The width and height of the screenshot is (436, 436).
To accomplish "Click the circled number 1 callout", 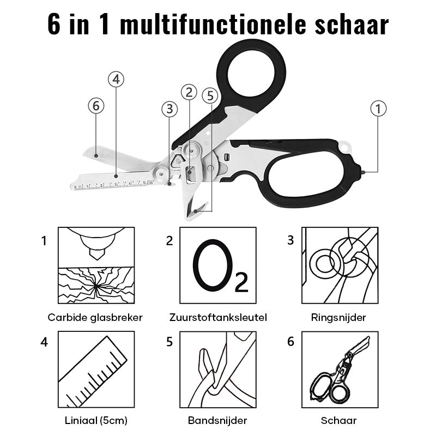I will coord(378,108).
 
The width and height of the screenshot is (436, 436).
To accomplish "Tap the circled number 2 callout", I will coord(189,93).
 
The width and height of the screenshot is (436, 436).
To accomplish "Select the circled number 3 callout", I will coord(169,109).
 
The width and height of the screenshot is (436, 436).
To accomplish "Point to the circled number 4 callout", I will coord(116,79).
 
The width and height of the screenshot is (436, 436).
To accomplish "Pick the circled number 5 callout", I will coord(210,95).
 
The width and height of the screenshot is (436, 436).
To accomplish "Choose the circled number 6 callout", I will coord(96,106).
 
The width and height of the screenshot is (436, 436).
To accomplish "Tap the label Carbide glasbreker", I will coord(95,317).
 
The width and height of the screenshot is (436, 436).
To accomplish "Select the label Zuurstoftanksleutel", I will coord(217,317).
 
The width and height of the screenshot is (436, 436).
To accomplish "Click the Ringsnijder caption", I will coord(338,317).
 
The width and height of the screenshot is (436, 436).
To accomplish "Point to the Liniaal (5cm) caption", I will coord(95,420).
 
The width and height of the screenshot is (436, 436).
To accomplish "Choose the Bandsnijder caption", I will coord(217,420).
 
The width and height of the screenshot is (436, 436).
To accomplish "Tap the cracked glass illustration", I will coord(95,284).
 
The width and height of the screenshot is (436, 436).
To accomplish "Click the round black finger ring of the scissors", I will coord(251,70).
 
